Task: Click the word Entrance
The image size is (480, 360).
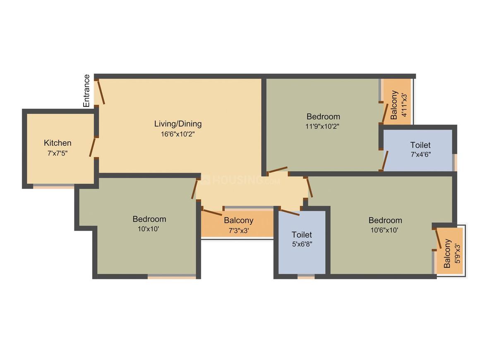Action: click(86, 91)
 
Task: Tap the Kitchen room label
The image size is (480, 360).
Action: click(58, 143)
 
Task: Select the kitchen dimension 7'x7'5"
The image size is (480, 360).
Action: click(58, 153)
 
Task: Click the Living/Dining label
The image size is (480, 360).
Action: click(178, 123)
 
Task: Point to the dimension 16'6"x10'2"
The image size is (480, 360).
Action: click(178, 134)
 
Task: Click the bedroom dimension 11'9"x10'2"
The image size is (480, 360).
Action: click(323, 126)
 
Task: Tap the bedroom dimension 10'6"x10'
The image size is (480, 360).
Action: click(385, 230)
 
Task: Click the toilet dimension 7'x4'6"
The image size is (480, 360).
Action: click(420, 155)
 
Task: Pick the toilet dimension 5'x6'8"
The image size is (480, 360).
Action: click(302, 244)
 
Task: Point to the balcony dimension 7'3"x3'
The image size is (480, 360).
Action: click(238, 231)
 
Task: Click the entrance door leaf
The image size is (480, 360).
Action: click(101, 92)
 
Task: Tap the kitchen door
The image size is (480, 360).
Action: click(93, 147)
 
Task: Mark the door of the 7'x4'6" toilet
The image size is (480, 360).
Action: click(385, 161)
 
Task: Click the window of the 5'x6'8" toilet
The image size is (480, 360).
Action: click(306, 277)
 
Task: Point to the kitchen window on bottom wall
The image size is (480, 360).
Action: click(54, 187)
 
